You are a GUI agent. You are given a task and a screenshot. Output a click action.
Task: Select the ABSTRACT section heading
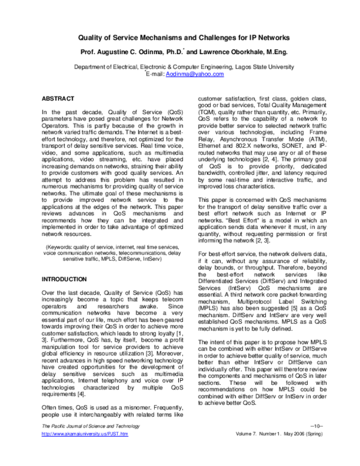tap(58, 97)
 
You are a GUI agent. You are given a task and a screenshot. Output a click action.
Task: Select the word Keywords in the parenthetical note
tap(64, 231)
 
